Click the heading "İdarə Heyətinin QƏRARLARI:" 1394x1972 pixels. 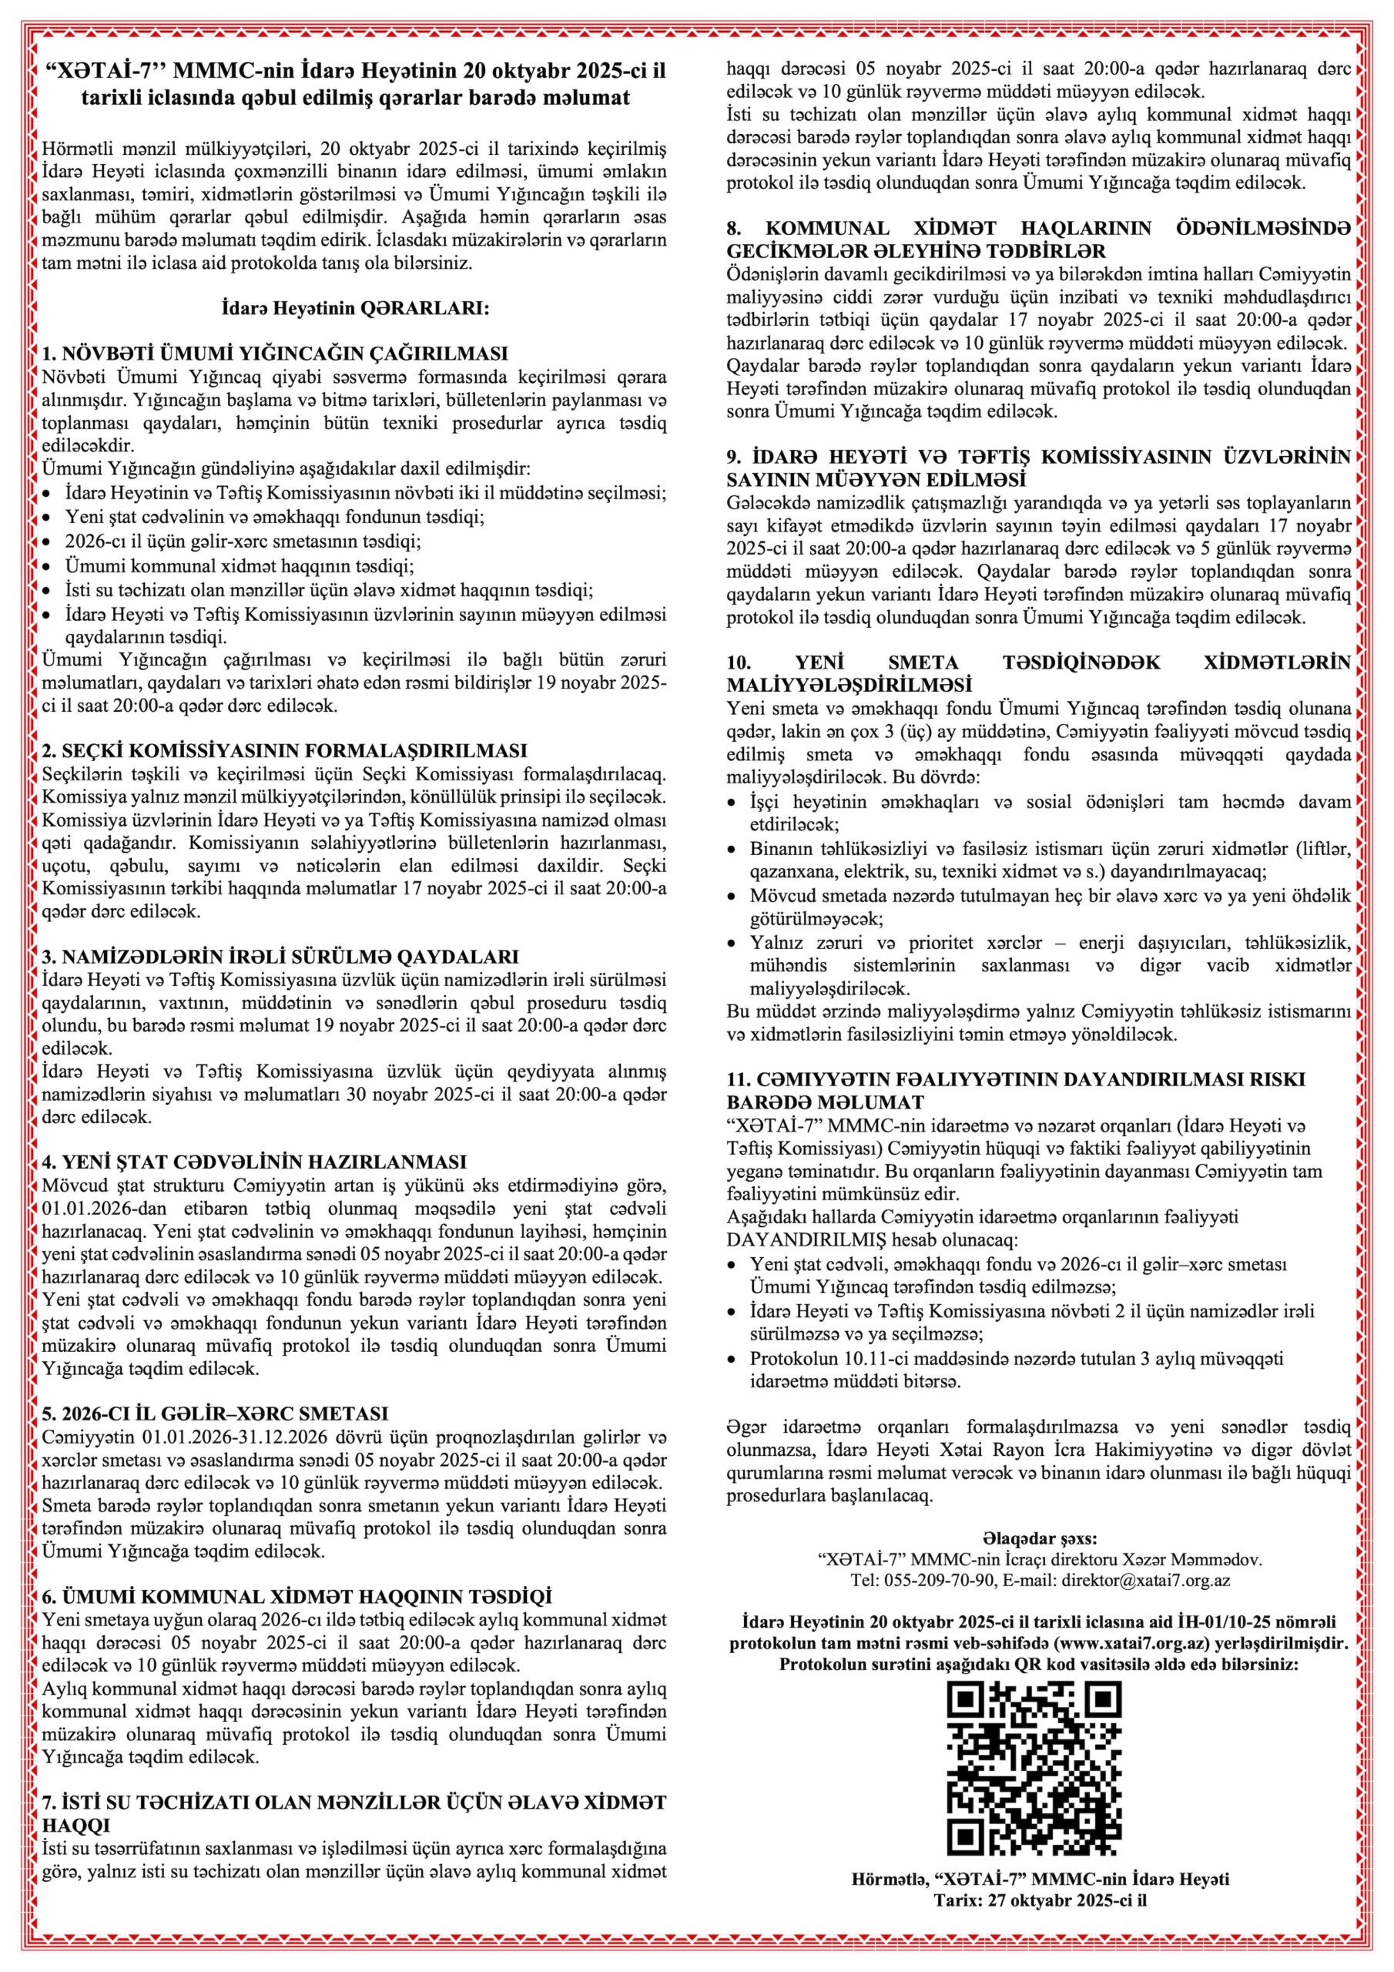click(x=355, y=307)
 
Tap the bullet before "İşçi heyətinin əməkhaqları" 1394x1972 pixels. click(x=732, y=804)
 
